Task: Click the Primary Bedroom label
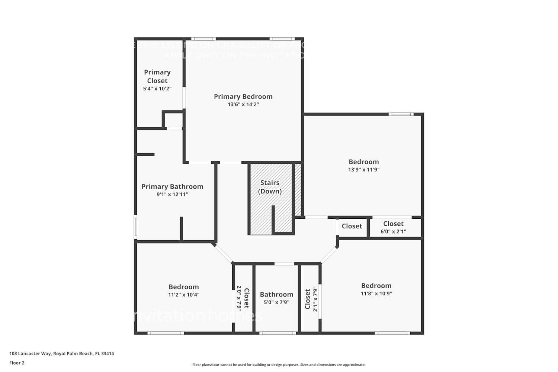(x=243, y=96)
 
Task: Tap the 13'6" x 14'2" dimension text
(x=243, y=105)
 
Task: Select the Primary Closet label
(x=157, y=76)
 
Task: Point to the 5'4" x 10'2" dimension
(x=157, y=89)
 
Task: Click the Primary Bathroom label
(x=172, y=186)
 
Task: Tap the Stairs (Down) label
(x=270, y=187)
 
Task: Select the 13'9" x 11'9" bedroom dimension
(x=363, y=170)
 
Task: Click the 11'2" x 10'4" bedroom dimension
(x=183, y=295)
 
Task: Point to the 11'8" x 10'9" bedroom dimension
(x=376, y=294)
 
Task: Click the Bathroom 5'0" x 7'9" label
(x=276, y=295)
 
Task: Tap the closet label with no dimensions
(x=352, y=226)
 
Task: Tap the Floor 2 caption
(x=17, y=363)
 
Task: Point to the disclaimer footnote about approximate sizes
(x=279, y=365)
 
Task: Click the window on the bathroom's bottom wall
(x=278, y=333)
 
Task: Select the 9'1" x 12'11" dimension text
(x=172, y=195)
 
